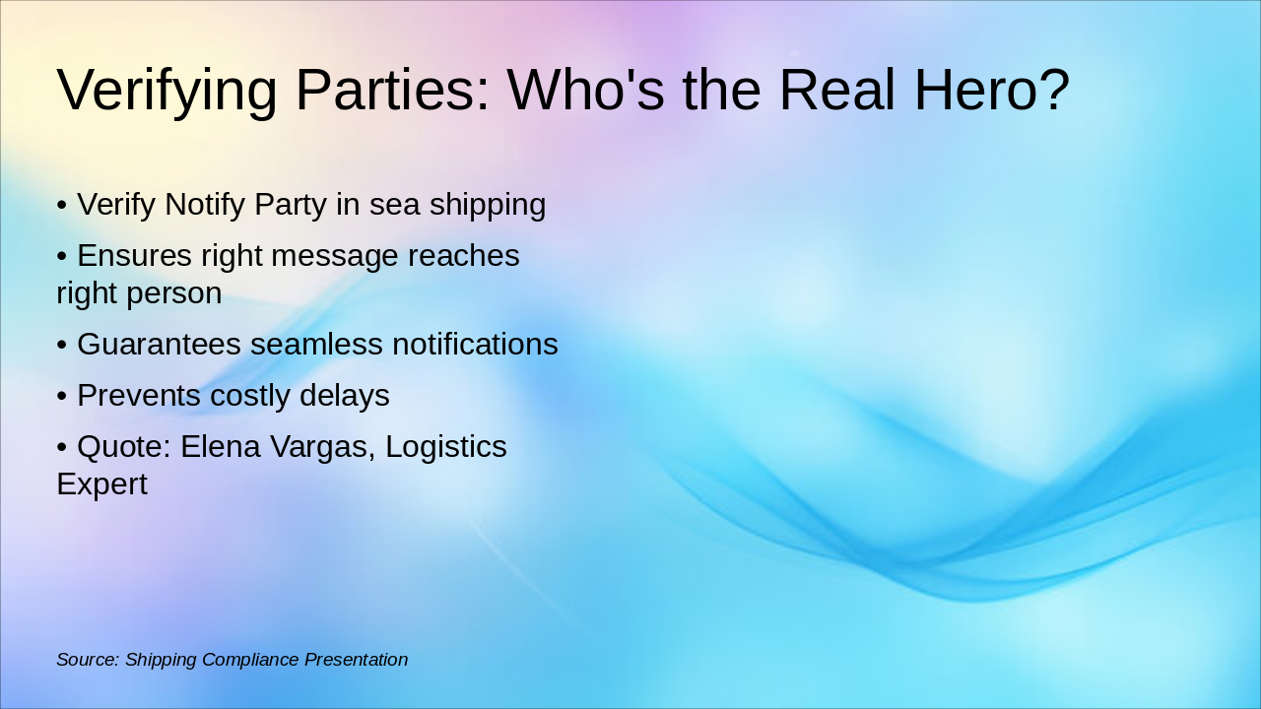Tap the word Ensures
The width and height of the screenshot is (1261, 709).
pos(134,256)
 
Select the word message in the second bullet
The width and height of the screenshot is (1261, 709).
pos(334,256)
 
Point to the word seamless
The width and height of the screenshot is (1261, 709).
pos(316,345)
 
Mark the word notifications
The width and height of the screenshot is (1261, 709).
pos(475,345)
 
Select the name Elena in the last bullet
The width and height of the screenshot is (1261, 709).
pos(218,447)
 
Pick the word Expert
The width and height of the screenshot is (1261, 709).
pos(101,484)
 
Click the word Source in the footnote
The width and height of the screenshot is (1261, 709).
pos(88,660)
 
